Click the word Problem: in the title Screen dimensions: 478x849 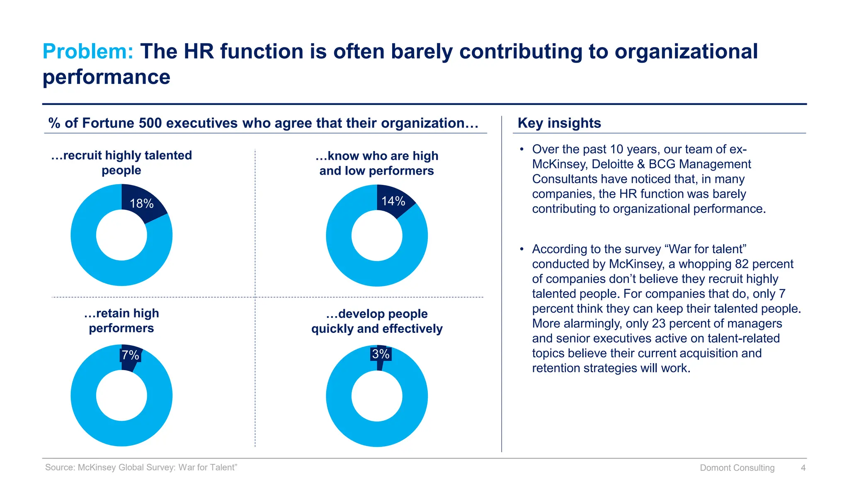tap(88, 52)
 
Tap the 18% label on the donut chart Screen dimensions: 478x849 tap(142, 204)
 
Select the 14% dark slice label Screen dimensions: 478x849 tap(393, 201)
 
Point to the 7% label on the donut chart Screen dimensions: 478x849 tap(130, 355)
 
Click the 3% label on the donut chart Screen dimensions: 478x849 tap(381, 354)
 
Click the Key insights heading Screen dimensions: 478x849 tap(559, 123)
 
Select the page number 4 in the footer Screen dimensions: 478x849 tap(803, 468)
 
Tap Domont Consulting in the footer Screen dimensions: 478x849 tap(737, 468)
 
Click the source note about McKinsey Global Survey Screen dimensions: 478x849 tap(141, 468)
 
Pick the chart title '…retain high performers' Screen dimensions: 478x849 tap(121, 321)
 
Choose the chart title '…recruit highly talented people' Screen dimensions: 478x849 tap(121, 163)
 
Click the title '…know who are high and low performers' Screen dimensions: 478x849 tap(376, 163)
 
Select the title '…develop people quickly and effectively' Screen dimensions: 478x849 tap(376, 321)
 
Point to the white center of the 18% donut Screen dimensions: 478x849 tap(121, 235)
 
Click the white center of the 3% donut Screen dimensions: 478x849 tap(376, 396)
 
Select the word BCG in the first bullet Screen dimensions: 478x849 tap(662, 164)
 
